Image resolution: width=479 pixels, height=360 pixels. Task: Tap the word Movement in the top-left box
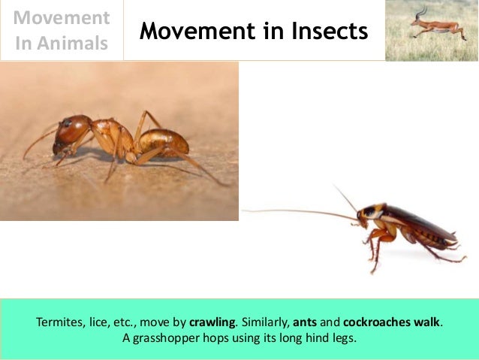pyautogui.click(x=62, y=17)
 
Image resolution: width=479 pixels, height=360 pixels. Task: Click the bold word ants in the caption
pyautogui.click(x=306, y=323)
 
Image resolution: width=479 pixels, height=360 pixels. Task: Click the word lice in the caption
pyautogui.click(x=104, y=323)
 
